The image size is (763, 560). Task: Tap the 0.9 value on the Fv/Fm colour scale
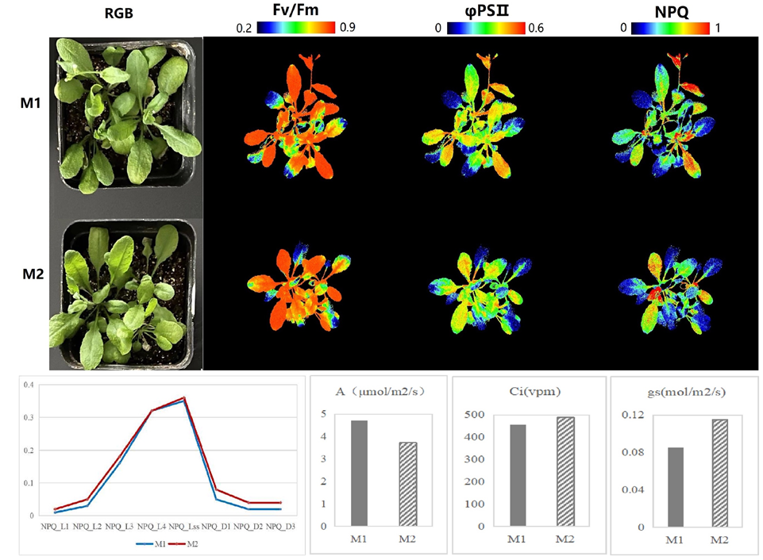347,28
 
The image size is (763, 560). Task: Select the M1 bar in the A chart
359,473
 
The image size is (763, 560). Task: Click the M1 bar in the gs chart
676,486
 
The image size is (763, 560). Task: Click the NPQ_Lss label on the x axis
183,526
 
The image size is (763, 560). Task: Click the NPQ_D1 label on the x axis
216,526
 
